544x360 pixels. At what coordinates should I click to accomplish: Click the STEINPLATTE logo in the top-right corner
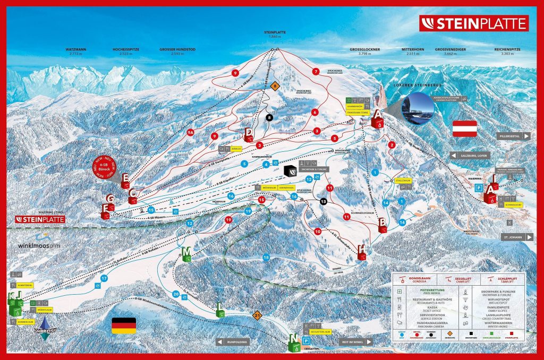click(x=473, y=23)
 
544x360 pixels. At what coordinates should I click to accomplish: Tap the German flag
click(x=124, y=325)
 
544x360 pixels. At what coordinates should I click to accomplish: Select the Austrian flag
click(x=464, y=128)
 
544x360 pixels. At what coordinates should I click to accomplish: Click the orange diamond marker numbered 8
click(x=275, y=85)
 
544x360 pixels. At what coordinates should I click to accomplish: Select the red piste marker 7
click(x=316, y=71)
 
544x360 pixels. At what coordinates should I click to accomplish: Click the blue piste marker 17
click(x=104, y=278)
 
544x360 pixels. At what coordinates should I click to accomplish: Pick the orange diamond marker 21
click(x=258, y=315)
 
